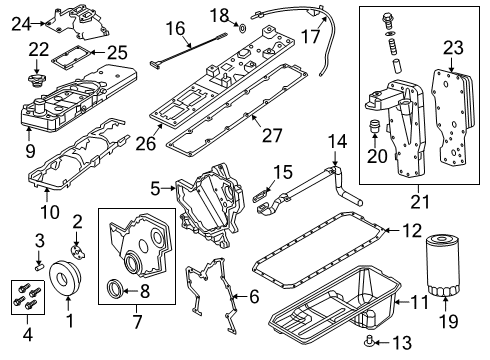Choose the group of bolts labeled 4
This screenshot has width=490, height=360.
(x=25, y=295)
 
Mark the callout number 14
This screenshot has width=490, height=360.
(x=337, y=141)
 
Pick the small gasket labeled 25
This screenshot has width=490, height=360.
(x=73, y=59)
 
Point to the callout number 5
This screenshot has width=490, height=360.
(x=154, y=187)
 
